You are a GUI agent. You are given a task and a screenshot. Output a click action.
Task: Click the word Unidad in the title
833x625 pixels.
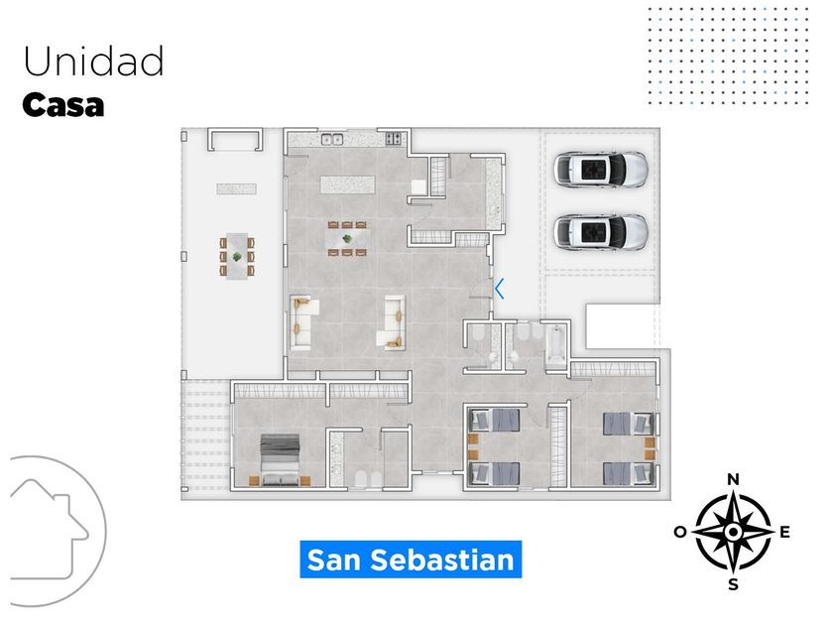93,62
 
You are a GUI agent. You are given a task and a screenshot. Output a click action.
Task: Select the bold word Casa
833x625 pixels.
62,105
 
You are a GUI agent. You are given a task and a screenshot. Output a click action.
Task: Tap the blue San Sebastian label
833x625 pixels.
411,560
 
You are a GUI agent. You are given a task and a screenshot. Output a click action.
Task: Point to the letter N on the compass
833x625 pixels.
733,480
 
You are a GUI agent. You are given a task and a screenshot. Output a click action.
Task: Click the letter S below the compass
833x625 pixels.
733,584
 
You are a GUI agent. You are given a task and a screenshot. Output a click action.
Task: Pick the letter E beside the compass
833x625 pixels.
784,533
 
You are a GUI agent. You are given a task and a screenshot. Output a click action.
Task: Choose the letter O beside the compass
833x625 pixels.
680,533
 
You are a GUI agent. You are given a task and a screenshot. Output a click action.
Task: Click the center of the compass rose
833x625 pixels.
733,532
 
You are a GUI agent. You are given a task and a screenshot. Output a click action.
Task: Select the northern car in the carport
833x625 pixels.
601,170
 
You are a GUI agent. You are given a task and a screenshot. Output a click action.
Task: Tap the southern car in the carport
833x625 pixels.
601,233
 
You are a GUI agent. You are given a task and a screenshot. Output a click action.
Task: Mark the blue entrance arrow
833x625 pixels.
500,289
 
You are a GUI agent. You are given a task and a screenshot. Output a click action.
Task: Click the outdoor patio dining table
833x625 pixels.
237,255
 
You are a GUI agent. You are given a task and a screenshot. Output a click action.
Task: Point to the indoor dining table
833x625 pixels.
348,238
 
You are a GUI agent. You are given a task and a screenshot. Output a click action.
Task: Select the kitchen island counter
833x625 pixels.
347,185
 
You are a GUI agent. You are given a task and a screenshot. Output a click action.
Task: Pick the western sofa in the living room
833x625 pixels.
302,321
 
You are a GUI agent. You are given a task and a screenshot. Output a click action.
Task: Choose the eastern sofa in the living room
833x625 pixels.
394,322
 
